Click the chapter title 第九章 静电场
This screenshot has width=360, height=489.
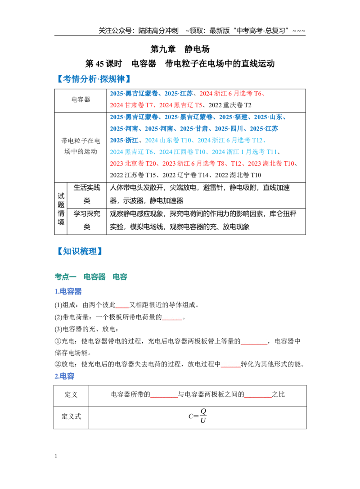click(180, 49)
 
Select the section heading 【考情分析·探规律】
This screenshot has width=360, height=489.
click(94, 79)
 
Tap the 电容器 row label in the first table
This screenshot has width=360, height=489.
click(81, 100)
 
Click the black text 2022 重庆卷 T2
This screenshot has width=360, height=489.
click(229, 105)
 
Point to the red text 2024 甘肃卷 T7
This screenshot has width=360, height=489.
click(131, 105)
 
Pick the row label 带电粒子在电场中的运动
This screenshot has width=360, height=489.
click(81, 146)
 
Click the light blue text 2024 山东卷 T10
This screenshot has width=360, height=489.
click(168, 140)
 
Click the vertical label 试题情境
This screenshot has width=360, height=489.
click(61, 208)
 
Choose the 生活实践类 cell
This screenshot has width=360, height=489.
click(87, 194)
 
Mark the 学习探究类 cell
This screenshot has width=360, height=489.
click(87, 220)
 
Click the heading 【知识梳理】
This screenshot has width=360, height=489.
click(80, 251)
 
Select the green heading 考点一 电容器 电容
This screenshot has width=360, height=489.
click(91, 276)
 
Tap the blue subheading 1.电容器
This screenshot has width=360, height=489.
click(68, 291)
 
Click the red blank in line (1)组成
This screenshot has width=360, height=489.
click(122, 308)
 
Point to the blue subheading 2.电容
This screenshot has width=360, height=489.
click(64, 376)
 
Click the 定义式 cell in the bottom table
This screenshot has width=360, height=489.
click(71, 417)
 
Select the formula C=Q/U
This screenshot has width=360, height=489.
click(198, 416)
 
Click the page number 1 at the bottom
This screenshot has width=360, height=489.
click(56, 456)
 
